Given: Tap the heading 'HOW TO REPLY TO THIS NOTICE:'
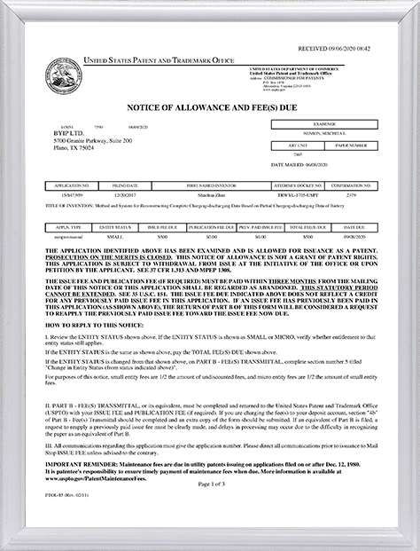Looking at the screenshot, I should [x=94, y=327].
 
